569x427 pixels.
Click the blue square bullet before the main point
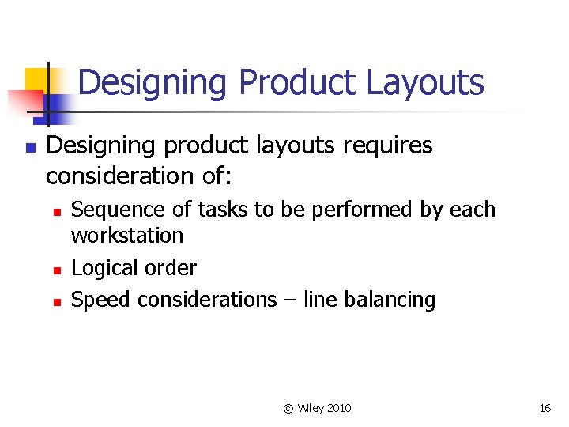[x=29, y=147]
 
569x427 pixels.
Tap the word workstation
[x=127, y=236]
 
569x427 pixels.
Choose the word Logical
[x=100, y=268]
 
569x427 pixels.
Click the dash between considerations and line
[x=289, y=300]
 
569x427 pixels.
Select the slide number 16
[x=545, y=408]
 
